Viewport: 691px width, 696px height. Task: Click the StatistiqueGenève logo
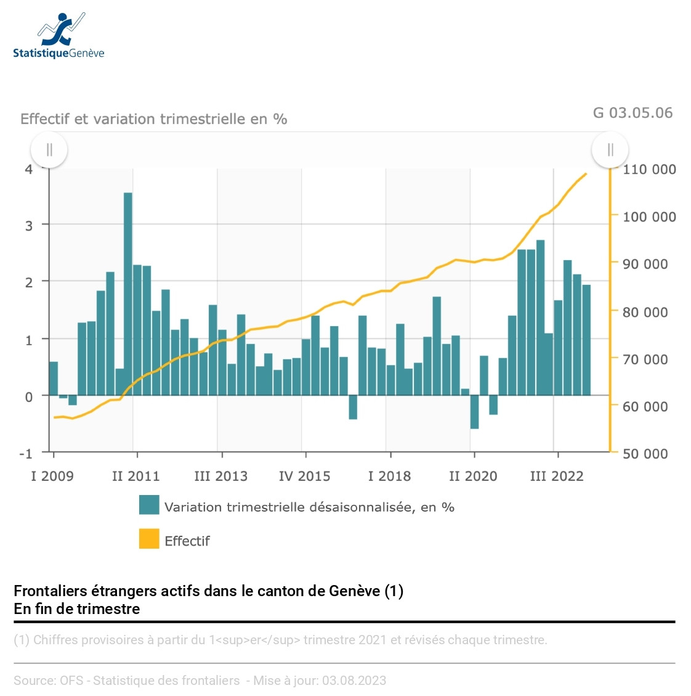coord(59,36)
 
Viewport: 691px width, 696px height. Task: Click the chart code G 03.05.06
coord(632,113)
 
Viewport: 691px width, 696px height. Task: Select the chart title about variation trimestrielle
coord(154,119)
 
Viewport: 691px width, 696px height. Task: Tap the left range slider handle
coord(49,150)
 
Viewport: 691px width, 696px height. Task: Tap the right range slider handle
coord(610,150)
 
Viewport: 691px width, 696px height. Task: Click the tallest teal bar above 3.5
coord(128,293)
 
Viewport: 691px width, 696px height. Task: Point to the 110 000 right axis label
coord(649,170)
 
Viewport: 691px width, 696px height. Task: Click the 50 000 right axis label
coord(645,454)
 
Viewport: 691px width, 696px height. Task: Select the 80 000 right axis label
coord(645,312)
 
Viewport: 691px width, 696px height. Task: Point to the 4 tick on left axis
coord(28,170)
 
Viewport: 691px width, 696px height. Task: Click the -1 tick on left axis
coord(25,454)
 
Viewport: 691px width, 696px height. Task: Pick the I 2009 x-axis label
coord(52,476)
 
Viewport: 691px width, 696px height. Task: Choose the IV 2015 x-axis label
coord(304,476)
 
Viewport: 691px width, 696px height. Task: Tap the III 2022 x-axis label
coord(557,476)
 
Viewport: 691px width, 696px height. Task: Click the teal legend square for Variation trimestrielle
coord(149,505)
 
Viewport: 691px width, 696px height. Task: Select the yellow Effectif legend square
coord(149,539)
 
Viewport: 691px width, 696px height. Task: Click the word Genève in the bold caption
coord(354,591)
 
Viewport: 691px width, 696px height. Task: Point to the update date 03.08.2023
coord(354,681)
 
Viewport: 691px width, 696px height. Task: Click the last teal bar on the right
coord(586,340)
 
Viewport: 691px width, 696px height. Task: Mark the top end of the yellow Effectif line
coord(586,174)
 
